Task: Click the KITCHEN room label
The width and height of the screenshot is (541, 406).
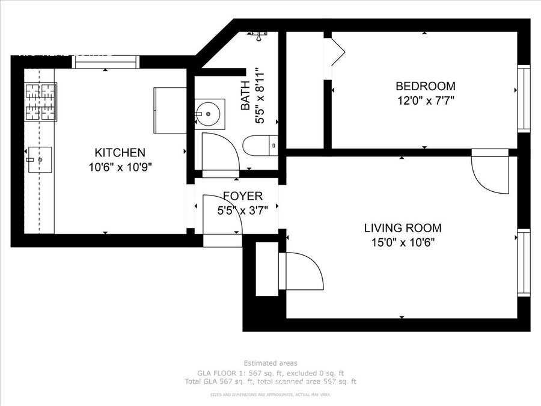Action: point(120,153)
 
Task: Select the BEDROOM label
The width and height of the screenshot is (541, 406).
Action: point(424,86)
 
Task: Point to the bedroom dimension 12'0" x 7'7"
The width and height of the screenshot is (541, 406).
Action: point(424,100)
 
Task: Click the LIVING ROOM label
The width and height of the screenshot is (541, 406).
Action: point(403,229)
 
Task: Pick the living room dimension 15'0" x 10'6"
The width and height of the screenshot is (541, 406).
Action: point(403,243)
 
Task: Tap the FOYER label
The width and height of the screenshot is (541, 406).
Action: point(242,196)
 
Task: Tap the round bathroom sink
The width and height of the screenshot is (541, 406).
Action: point(209,113)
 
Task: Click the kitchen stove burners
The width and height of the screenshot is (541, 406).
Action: point(40,102)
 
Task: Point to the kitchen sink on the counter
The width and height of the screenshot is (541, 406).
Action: point(40,159)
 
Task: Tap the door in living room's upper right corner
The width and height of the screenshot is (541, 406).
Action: point(490,174)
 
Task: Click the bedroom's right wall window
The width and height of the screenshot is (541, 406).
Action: point(524,99)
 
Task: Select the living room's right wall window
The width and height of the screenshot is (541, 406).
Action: point(524,263)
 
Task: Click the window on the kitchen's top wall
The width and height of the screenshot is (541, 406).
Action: point(106,61)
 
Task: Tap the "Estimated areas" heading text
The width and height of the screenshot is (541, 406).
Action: point(270,363)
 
